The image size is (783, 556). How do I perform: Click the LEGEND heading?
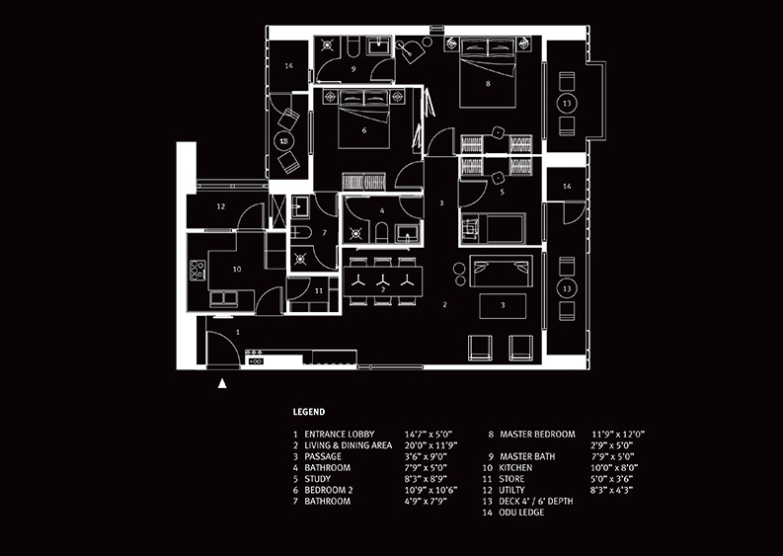pyautogui.click(x=309, y=412)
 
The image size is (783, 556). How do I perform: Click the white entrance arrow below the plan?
pyautogui.click(x=222, y=383)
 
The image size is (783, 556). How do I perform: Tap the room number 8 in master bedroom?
pyautogui.click(x=488, y=84)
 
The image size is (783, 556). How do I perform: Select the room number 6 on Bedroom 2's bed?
pyautogui.click(x=364, y=130)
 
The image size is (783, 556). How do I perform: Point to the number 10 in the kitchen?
pyautogui.click(x=237, y=269)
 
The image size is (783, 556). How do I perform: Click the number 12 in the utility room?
pyautogui.click(x=221, y=206)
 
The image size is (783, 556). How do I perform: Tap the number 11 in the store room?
pyautogui.click(x=319, y=290)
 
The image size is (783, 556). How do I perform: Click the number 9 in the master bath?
pyautogui.click(x=353, y=69)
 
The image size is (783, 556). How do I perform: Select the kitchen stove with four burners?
pyautogui.click(x=196, y=270)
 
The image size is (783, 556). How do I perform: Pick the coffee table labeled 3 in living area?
pyautogui.click(x=503, y=306)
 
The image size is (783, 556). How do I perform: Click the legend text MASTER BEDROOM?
pyautogui.click(x=537, y=435)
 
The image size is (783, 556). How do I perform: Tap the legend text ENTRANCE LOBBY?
pyautogui.click(x=339, y=435)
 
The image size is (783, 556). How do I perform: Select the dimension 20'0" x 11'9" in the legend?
pyautogui.click(x=431, y=445)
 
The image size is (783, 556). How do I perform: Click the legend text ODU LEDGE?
pyautogui.click(x=521, y=512)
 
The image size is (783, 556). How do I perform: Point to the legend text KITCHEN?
pyautogui.click(x=515, y=467)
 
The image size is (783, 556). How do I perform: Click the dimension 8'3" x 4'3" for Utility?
pyautogui.click(x=611, y=490)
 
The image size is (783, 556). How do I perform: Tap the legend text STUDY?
pyautogui.click(x=318, y=479)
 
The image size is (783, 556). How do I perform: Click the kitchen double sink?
pyautogui.click(x=223, y=298)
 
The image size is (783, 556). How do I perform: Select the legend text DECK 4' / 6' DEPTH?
pyautogui.click(x=536, y=501)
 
